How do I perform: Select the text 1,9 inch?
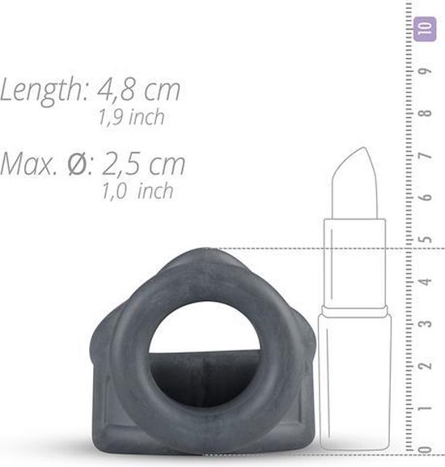click(x=129, y=117)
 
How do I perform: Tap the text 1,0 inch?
click(x=137, y=192)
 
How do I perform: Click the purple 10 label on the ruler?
click(x=420, y=30)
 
